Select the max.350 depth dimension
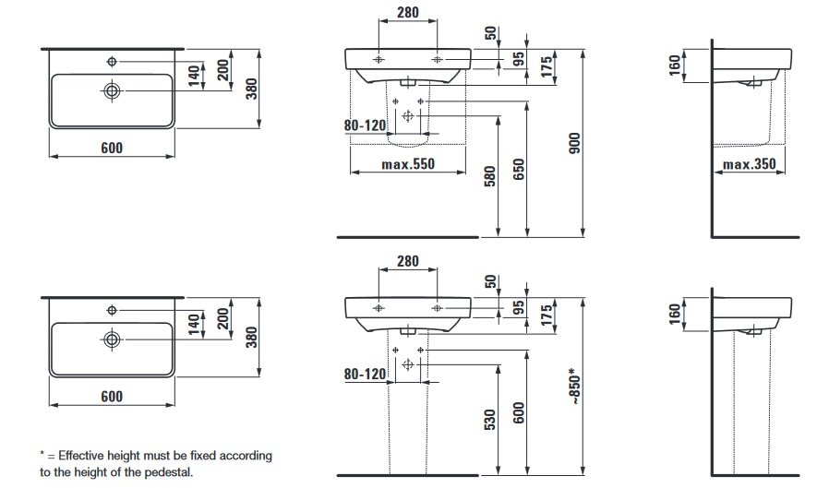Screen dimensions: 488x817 749,165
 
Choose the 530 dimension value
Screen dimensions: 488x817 490,420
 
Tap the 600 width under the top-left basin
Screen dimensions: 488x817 111,147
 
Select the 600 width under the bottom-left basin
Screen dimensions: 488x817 111,397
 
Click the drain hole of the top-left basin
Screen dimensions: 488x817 112,90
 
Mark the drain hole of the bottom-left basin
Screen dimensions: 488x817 112,339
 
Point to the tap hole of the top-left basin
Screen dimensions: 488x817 112,62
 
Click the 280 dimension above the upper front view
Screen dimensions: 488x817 407,12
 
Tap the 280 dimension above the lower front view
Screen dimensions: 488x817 407,261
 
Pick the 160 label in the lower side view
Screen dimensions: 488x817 675,314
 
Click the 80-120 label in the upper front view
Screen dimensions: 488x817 364,126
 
